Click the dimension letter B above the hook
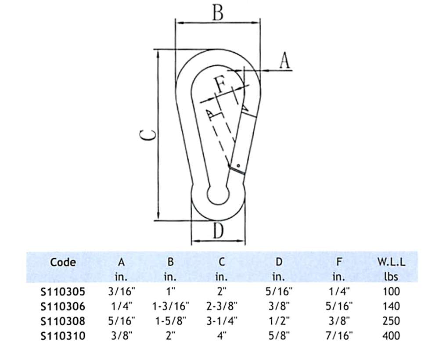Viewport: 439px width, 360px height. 218,12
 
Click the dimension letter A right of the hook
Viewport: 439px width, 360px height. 285,60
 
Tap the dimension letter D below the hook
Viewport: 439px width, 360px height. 218,231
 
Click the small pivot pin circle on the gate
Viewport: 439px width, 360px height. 238,166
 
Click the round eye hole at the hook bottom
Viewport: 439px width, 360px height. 218,194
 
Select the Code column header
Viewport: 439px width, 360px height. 63,262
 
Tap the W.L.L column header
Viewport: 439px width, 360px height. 391,262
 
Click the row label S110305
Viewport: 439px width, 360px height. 63,292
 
